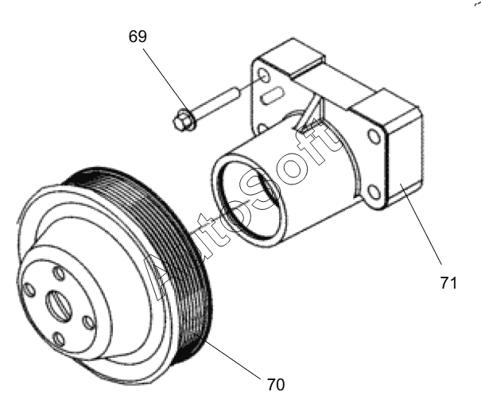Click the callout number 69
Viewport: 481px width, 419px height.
tap(138, 37)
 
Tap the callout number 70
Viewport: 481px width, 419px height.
tap(276, 385)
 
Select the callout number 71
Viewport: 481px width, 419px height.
tap(448, 283)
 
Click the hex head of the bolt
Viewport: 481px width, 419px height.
tap(184, 120)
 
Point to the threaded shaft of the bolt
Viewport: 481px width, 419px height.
tap(215, 103)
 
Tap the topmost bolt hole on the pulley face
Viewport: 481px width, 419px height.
tap(59, 274)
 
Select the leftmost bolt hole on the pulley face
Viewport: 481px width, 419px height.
tap(29, 290)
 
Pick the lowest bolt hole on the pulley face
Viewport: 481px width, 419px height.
tap(59, 339)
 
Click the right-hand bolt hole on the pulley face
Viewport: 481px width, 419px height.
tap(89, 323)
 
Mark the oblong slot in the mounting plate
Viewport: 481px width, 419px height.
tap(272, 95)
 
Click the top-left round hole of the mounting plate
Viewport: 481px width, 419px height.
tap(264, 75)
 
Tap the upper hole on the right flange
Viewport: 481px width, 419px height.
tap(374, 137)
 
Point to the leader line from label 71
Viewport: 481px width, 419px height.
tap(421, 223)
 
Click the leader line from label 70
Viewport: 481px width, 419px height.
tap(227, 355)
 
